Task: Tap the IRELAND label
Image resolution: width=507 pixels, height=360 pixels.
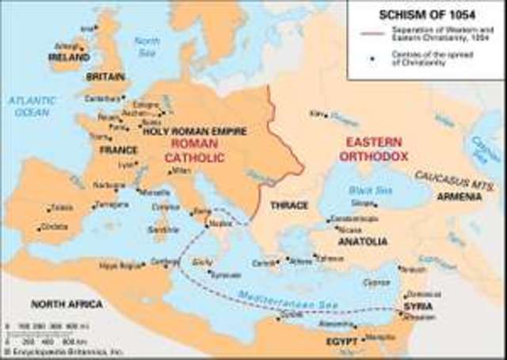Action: pyautogui.click(x=67, y=58)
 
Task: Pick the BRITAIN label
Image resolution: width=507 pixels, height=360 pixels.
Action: pyautogui.click(x=105, y=77)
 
